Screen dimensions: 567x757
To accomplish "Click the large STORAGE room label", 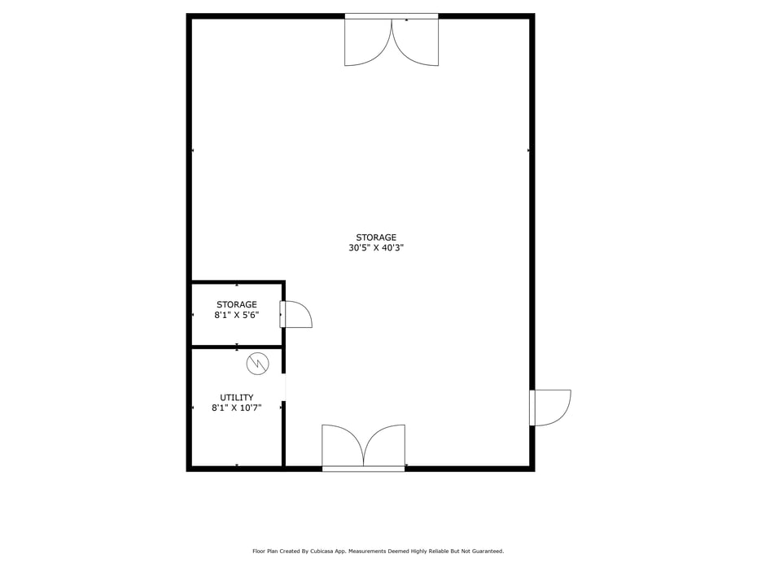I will [376, 238].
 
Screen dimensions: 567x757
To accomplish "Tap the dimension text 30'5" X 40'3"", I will [376, 248].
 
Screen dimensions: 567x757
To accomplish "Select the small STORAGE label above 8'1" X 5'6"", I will [236, 305].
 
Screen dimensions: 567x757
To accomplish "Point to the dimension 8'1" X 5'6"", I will [236, 315].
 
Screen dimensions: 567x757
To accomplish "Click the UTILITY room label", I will [236, 398].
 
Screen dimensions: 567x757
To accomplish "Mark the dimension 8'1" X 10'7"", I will [236, 408].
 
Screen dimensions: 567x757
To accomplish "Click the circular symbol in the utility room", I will [257, 364].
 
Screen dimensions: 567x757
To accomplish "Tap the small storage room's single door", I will [297, 315].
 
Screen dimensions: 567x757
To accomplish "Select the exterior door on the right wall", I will [551, 408].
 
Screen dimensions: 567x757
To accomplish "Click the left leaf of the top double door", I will [367, 41].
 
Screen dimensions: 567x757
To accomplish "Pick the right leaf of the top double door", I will [416, 41].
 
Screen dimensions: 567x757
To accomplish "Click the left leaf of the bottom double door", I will [342, 446].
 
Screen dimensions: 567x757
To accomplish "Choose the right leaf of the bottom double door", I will [384, 446].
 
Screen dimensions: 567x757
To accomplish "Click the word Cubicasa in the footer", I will [323, 552].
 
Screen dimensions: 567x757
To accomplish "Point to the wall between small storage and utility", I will [236, 347].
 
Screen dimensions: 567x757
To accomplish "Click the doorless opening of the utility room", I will [283, 387].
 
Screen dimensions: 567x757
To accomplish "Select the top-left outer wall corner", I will [189, 16].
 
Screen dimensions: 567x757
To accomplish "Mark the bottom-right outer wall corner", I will [532, 469].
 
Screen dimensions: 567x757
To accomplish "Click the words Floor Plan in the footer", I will [265, 552].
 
